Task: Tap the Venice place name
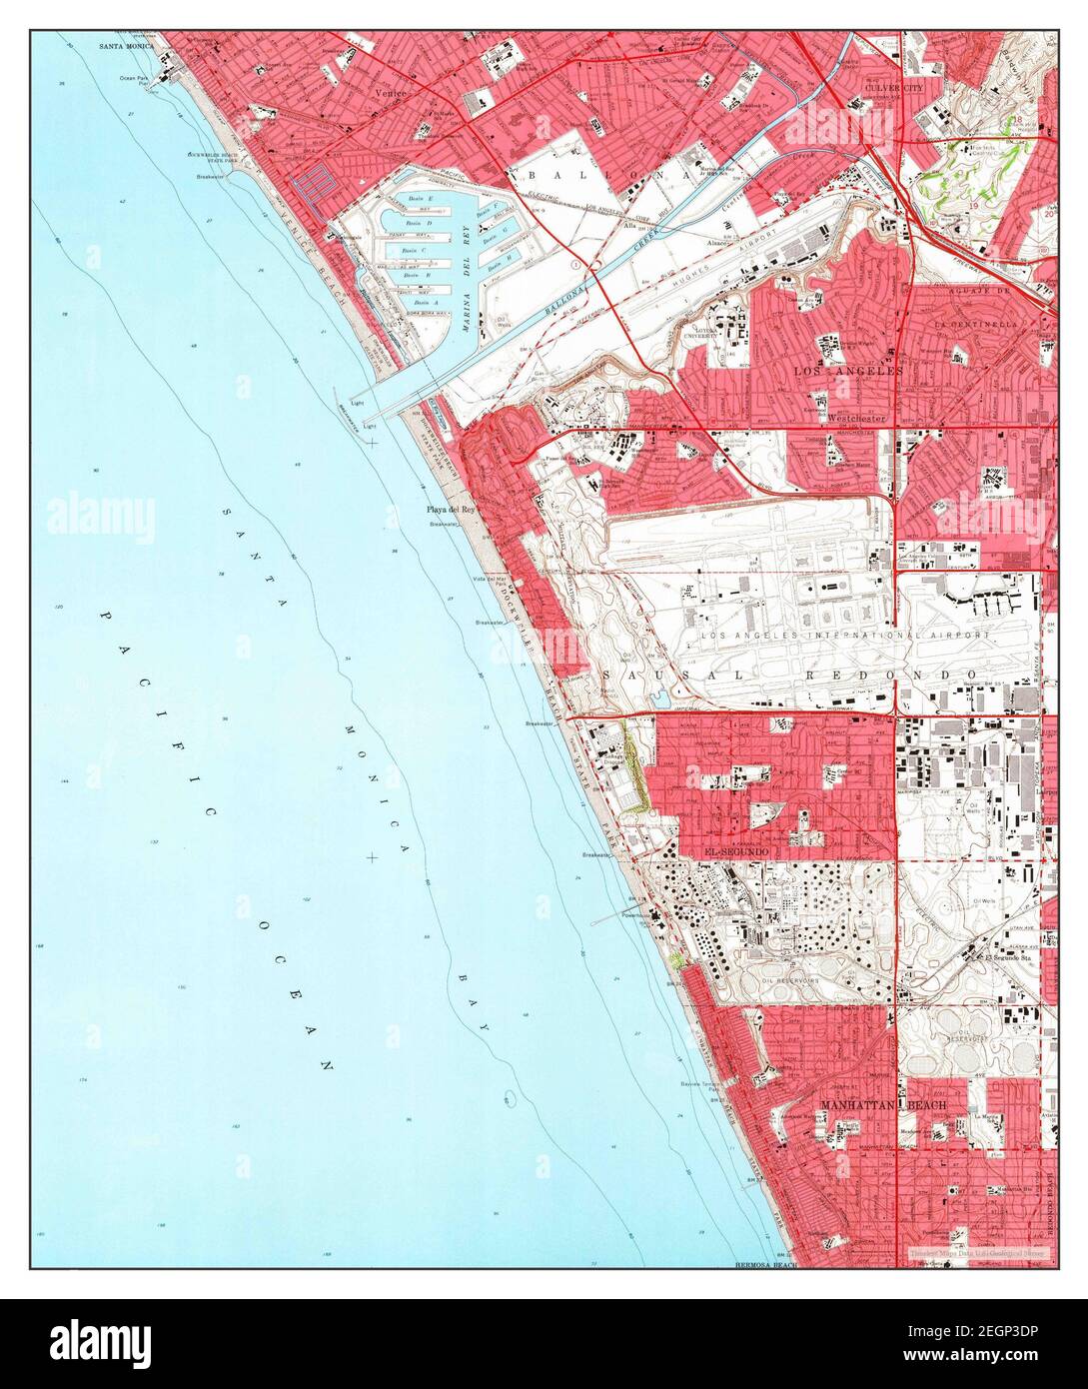(388, 90)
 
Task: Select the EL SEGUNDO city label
(737, 850)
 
